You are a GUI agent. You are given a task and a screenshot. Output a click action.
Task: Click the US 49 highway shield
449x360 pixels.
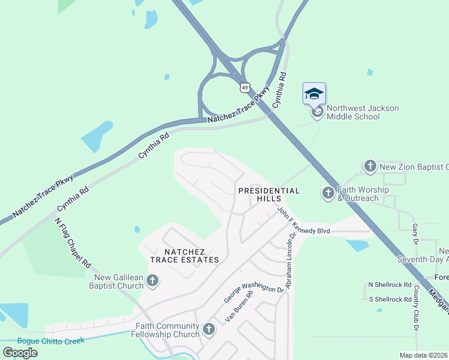click(x=244, y=88)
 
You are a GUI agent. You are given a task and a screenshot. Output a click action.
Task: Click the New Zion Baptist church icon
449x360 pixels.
click(x=370, y=166)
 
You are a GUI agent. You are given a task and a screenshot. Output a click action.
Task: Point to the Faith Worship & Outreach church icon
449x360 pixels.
click(x=328, y=193)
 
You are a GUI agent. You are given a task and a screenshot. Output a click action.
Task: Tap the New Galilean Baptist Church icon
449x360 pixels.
click(x=152, y=280)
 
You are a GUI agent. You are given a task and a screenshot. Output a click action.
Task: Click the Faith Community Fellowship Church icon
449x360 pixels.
click(x=208, y=329)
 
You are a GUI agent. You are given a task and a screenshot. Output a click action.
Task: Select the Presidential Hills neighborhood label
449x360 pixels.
click(x=268, y=195)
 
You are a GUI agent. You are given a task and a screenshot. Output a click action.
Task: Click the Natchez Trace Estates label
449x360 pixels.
click(x=184, y=256)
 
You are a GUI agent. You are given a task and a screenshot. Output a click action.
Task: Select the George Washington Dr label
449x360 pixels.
click(x=253, y=288)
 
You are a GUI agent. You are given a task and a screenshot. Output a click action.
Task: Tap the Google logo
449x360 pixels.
click(x=20, y=352)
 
